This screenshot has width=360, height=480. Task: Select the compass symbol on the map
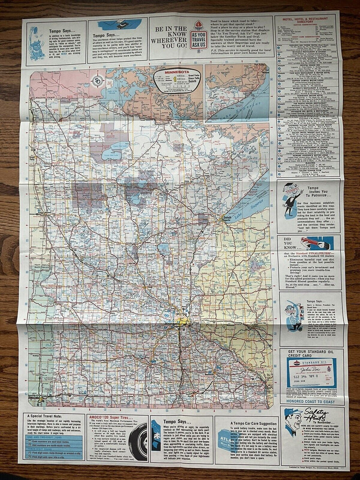point(99,82)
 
